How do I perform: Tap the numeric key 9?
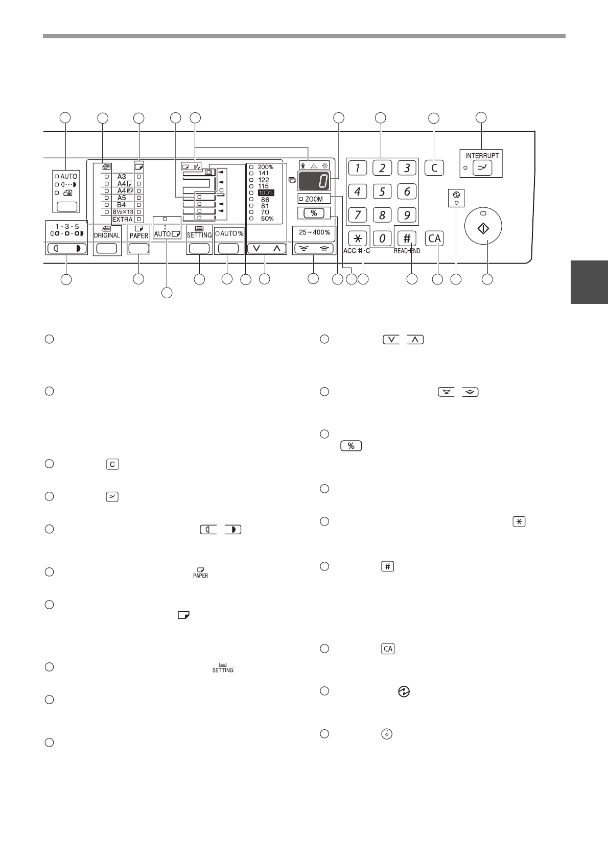pos(407,214)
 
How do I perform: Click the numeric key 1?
pos(358,168)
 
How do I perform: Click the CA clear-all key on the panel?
pos(434,238)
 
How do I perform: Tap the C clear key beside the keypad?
pos(434,168)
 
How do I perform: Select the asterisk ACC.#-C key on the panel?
pos(358,238)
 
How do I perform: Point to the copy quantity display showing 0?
pos(314,181)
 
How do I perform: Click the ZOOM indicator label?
pos(314,199)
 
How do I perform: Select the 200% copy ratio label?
pos(265,167)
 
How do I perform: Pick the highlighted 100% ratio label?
pos(266,193)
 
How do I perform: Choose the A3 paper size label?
pos(122,176)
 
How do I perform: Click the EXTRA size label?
pos(122,219)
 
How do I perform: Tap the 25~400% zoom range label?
pos(314,232)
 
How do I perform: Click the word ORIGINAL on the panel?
pos(107,235)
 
